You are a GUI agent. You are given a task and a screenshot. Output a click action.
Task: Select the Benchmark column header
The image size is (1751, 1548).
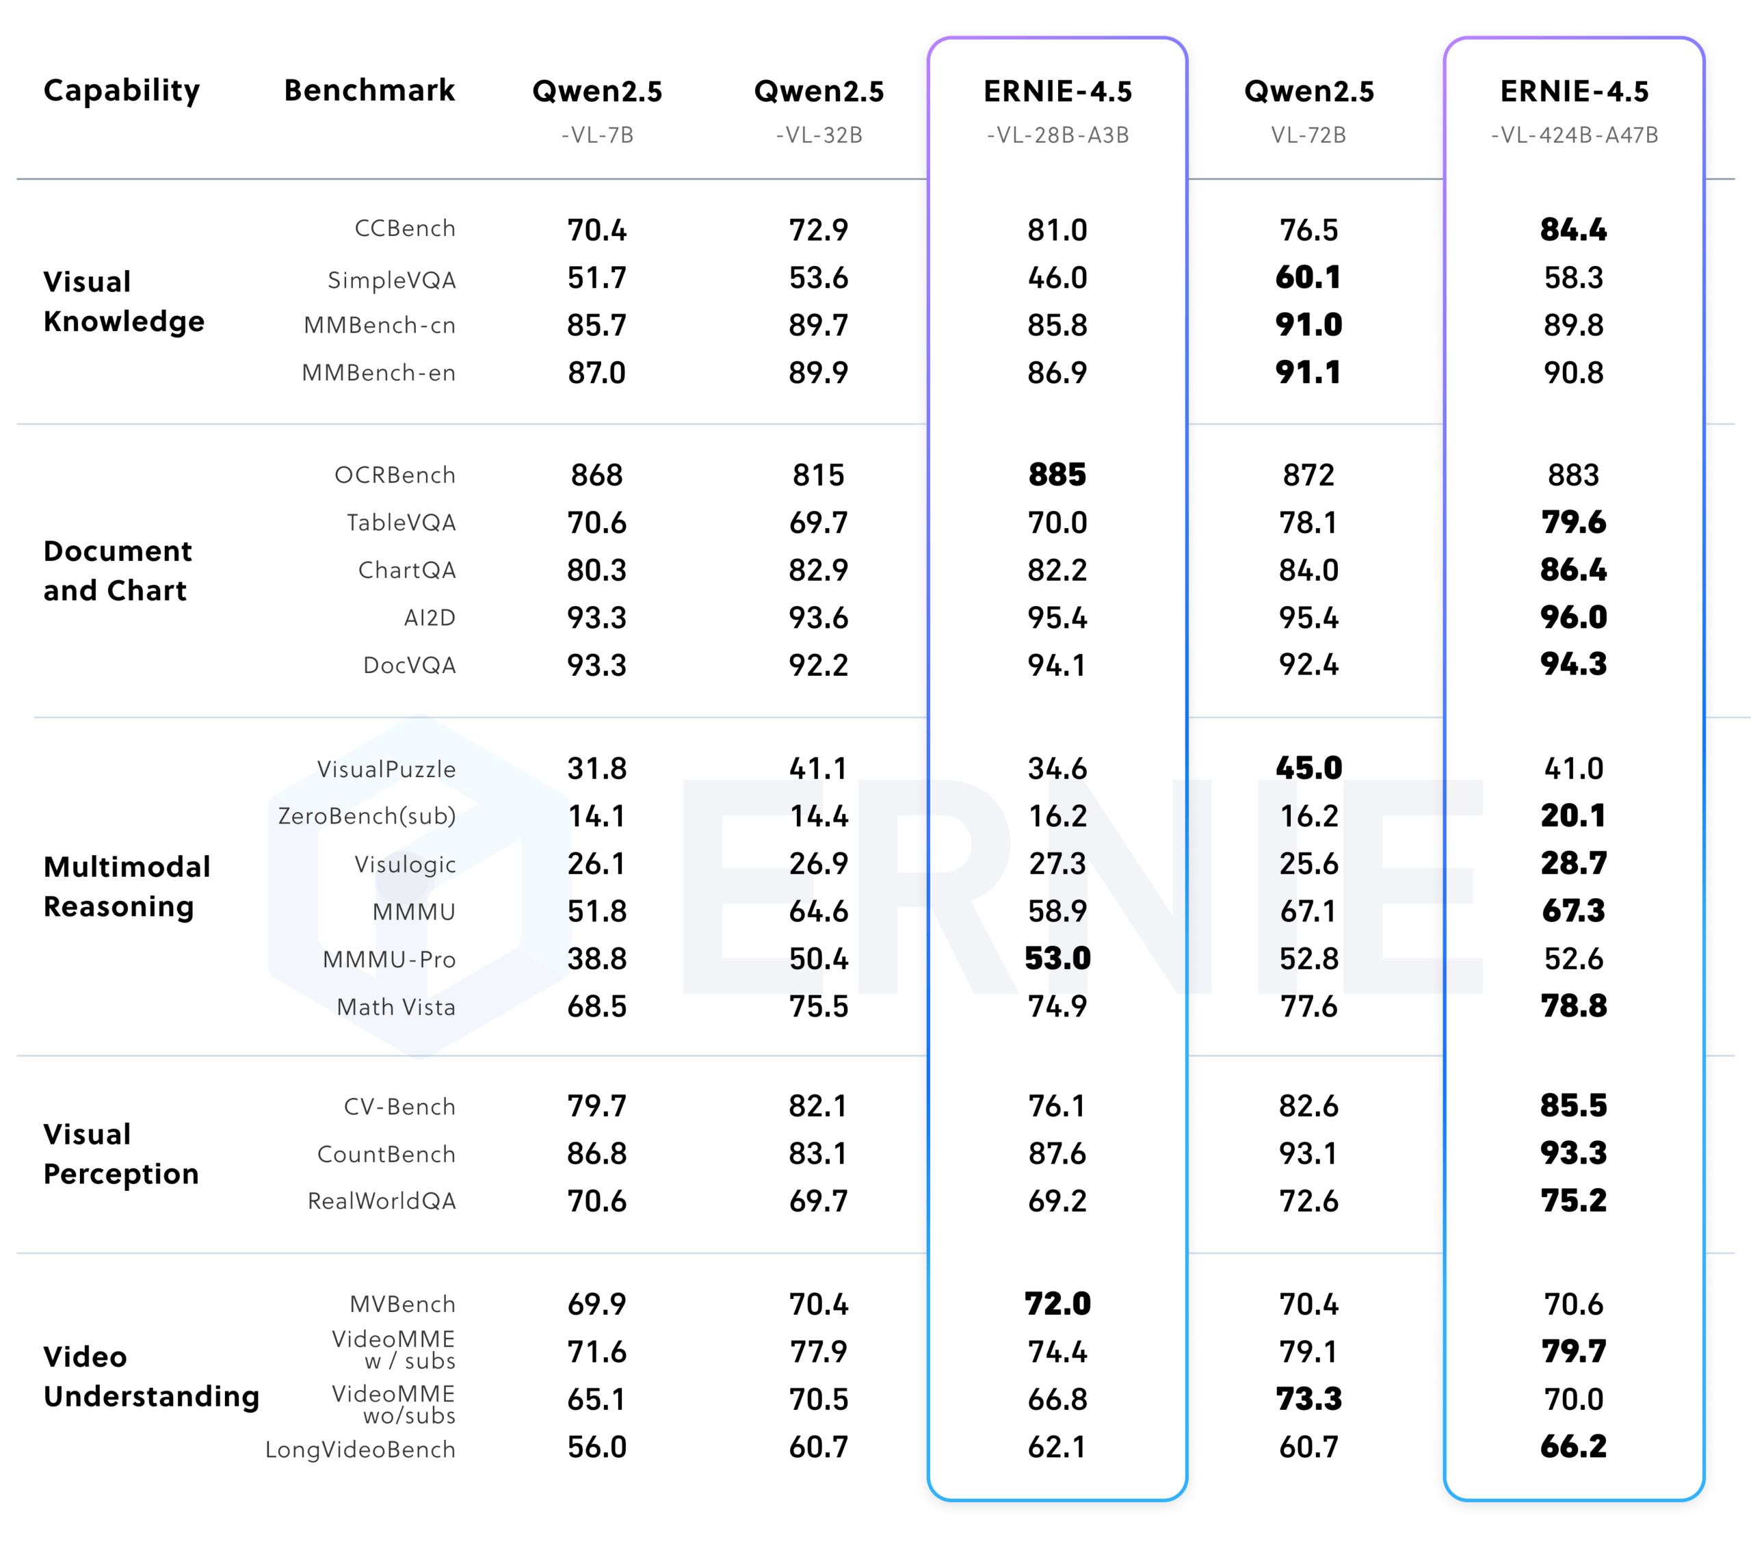369,90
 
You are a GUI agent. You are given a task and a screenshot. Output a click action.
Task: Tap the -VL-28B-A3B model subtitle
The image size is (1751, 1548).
1058,135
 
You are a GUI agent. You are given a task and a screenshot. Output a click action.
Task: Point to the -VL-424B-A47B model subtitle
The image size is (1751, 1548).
1575,135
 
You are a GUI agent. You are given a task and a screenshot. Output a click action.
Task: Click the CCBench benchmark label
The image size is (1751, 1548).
405,228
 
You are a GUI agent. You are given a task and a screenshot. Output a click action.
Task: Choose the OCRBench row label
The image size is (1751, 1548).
395,475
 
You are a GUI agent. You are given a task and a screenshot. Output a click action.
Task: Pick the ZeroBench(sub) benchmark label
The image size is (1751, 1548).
367,815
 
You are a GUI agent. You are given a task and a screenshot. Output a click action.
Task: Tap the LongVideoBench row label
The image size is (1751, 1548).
360,1449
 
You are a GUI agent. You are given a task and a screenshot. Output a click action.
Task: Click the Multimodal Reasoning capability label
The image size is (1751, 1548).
127,887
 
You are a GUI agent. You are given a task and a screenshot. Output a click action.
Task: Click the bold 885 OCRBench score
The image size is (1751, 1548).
1058,475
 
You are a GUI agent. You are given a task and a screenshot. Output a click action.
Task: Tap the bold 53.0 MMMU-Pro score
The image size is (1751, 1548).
1058,958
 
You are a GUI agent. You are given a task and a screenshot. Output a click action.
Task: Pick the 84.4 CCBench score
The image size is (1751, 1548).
1574,230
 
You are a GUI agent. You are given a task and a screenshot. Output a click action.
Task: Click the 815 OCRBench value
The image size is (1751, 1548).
819,475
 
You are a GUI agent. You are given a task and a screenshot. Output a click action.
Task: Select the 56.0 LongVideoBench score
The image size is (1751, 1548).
597,1447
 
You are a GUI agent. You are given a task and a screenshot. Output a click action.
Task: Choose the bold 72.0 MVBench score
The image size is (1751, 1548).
1058,1304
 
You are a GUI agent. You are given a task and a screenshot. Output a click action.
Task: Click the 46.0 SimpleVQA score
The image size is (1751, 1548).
1058,278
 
